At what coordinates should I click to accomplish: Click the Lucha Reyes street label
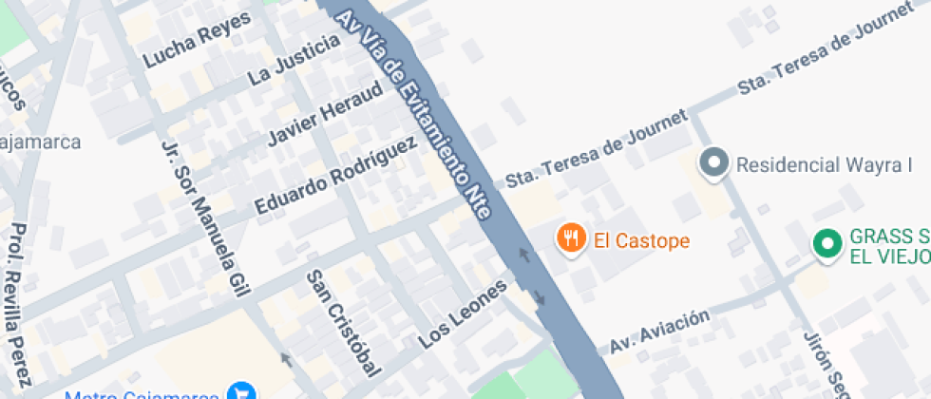(198, 40)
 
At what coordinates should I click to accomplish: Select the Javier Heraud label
(325, 113)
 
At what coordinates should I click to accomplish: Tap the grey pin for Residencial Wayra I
(712, 162)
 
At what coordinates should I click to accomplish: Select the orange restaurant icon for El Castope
(570, 238)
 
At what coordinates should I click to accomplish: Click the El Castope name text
(642, 240)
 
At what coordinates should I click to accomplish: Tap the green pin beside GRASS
(827, 244)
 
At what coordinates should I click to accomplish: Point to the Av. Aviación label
(659, 332)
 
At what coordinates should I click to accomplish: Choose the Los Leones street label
(463, 313)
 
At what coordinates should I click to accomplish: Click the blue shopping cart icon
(242, 391)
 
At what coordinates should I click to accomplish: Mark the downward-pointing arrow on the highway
(540, 298)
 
